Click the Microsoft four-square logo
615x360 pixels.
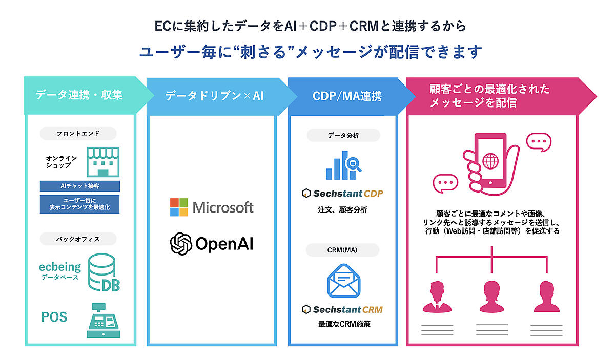click(179, 207)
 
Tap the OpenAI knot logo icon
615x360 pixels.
click(180, 243)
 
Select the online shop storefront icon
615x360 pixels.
click(102, 161)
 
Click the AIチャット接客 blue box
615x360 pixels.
click(79, 186)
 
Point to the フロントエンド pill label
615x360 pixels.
click(78, 134)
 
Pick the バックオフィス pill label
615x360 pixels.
click(78, 239)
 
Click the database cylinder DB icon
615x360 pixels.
click(104, 274)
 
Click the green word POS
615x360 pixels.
click(54, 317)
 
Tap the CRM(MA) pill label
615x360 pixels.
click(343, 250)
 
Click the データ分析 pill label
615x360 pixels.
click(343, 136)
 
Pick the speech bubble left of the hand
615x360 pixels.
click(445, 183)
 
